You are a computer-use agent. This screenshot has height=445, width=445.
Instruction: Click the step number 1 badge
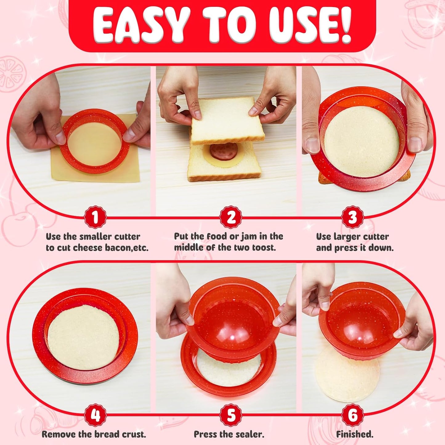click(95, 217)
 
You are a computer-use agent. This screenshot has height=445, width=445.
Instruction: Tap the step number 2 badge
click(231, 217)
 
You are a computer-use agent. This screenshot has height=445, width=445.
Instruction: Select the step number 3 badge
click(352, 217)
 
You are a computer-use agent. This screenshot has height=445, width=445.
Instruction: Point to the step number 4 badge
click(95, 415)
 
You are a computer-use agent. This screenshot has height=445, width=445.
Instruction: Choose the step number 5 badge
click(231, 415)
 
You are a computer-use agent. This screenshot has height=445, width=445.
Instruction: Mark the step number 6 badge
click(353, 415)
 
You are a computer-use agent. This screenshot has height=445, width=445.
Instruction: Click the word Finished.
click(354, 434)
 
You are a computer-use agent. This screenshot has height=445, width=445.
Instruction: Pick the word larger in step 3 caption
click(349, 237)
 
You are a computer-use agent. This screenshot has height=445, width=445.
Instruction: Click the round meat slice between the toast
click(224, 151)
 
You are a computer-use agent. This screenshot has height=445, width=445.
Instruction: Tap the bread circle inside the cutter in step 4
click(83, 337)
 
